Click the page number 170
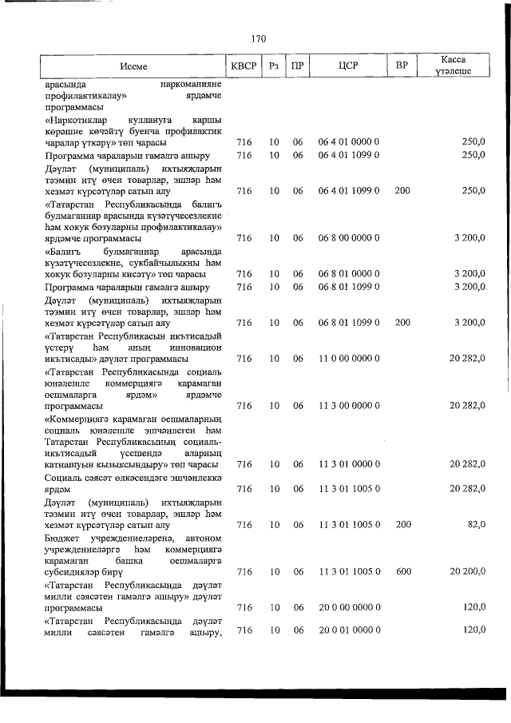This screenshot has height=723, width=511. [257, 38]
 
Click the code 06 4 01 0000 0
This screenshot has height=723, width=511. [348, 142]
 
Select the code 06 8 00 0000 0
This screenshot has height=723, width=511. [348, 238]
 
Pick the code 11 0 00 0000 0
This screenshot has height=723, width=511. [348, 359]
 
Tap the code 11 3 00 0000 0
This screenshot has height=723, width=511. [348, 406]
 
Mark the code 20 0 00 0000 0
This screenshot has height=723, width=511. [348, 607]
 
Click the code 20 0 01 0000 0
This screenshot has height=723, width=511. [348, 631]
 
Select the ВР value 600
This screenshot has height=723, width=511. [402, 571]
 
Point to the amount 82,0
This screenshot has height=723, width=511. [474, 525]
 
